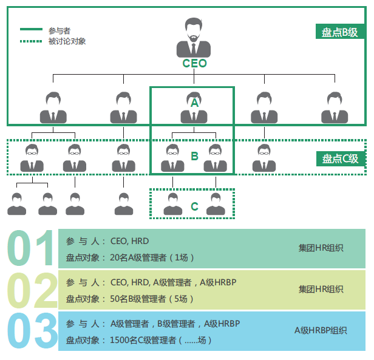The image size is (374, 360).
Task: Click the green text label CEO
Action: click(194, 63)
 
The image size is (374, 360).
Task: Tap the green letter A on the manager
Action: click(194, 103)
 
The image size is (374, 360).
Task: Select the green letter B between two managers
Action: click(194, 156)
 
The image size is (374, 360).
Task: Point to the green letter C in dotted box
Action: click(194, 206)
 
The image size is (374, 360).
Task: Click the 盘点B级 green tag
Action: click(339, 32)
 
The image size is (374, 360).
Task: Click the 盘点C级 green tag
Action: click(339, 158)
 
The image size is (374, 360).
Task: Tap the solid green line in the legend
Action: click(31, 29)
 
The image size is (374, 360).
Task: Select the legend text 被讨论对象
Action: click(67, 41)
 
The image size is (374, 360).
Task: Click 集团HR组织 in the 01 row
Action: click(321, 248)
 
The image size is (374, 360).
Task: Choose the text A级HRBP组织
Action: click(321, 331)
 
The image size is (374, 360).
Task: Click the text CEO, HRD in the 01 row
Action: click(131, 241)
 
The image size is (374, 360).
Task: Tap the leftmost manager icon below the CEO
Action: click(53, 108)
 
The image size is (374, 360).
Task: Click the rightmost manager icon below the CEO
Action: click(335, 108)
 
